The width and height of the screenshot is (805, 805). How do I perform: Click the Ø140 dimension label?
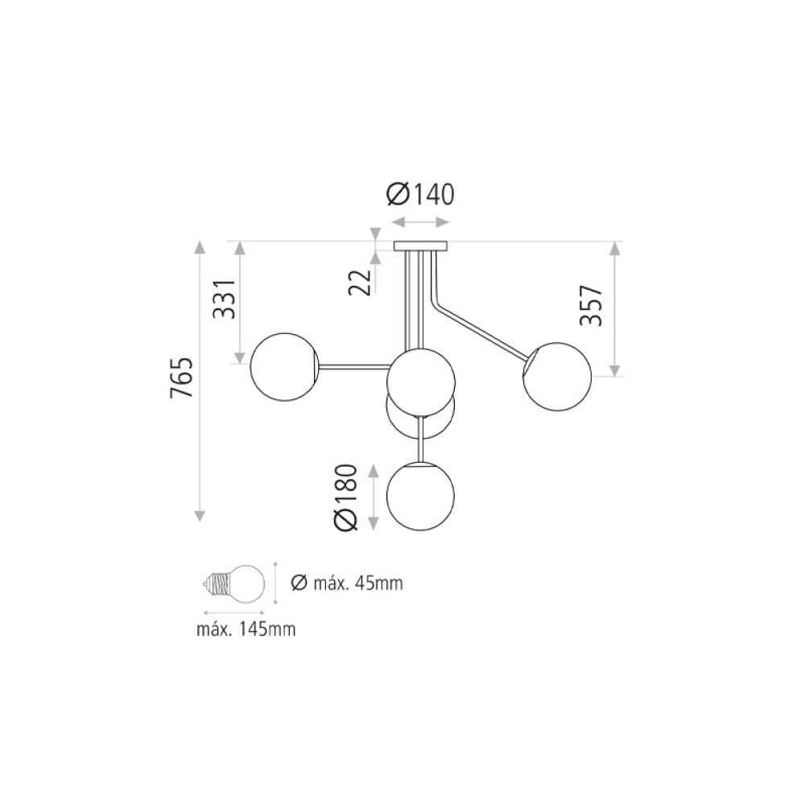coord(420,194)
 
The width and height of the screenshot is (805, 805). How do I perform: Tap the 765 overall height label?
coord(181,378)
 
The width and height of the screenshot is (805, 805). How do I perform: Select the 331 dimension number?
coord(225,299)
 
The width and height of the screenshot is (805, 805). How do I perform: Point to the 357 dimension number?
coord(590,305)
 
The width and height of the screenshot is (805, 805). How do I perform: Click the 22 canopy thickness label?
coord(360,282)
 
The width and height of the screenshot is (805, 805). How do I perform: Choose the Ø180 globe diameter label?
coord(345,497)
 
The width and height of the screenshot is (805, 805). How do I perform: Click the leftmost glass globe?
coord(284,366)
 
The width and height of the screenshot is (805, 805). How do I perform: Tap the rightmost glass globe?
coord(557,376)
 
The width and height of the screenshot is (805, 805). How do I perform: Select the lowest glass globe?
coord(420,496)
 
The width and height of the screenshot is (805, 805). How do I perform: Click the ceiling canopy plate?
coord(420,246)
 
